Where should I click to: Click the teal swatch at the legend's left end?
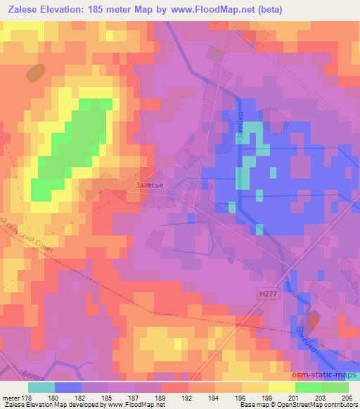41,387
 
